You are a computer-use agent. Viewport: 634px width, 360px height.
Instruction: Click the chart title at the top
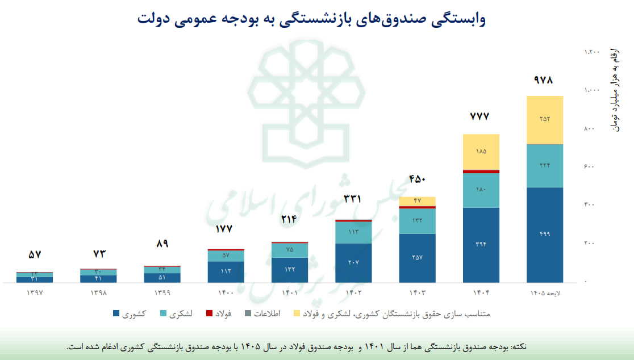tap(311, 19)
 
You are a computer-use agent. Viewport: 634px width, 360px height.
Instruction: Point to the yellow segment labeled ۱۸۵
tap(481, 152)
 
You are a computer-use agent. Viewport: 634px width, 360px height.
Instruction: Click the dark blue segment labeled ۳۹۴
tap(481, 244)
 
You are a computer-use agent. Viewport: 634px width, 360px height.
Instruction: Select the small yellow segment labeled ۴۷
tap(417, 201)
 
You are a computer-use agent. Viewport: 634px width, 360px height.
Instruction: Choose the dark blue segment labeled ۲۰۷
tap(353, 263)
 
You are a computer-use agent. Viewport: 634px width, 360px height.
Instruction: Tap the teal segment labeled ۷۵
tap(290, 250)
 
